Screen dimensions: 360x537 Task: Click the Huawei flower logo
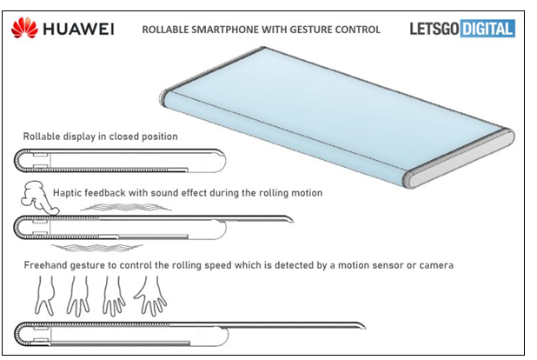click(24, 30)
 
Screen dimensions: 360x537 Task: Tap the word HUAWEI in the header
click(81, 30)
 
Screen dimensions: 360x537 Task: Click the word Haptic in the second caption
click(68, 192)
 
